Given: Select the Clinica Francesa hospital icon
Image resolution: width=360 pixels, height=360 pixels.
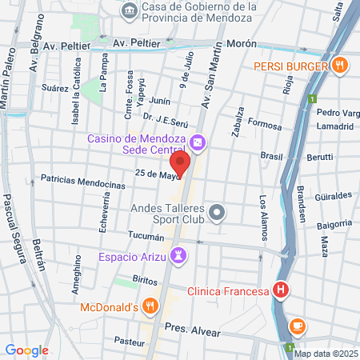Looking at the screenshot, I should [x=280, y=291].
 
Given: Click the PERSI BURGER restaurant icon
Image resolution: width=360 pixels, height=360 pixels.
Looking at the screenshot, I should [x=340, y=66].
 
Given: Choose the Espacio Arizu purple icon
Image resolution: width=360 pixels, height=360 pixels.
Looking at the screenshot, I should [x=180, y=256].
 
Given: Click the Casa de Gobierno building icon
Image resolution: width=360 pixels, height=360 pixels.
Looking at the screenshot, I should [x=128, y=11].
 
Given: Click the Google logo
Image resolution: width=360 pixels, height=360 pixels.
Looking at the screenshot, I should [x=26, y=350].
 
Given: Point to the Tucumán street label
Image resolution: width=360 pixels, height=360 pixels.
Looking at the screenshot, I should [x=146, y=237].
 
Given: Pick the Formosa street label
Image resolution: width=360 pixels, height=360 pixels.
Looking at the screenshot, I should [x=266, y=126].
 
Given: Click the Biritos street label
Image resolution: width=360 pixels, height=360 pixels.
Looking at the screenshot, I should [x=145, y=281].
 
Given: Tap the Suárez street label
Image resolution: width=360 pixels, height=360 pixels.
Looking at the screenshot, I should [x=56, y=89].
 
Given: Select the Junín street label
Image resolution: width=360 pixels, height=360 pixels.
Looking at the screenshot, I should [x=160, y=101].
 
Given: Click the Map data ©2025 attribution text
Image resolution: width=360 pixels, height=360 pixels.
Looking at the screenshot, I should [x=325, y=353].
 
